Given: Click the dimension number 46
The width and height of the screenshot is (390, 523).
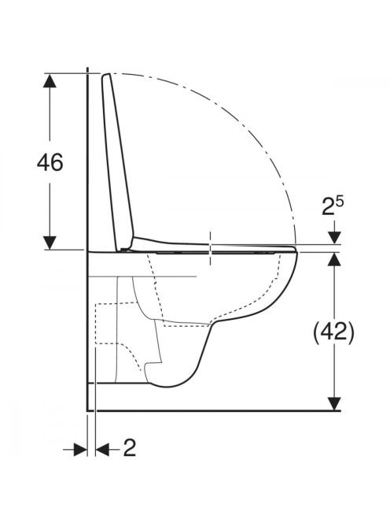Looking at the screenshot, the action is (x=50, y=163).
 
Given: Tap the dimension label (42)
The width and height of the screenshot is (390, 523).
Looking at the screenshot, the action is (x=333, y=332).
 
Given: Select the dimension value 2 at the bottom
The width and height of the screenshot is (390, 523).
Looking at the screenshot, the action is (x=130, y=448).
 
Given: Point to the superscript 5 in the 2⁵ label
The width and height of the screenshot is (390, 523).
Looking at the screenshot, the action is (x=340, y=202).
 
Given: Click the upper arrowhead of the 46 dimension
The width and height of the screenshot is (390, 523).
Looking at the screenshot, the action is (x=50, y=80).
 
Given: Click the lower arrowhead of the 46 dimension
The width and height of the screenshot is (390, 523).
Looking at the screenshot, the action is (x=50, y=243).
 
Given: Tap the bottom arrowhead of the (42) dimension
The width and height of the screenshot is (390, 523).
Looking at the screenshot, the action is (x=334, y=403).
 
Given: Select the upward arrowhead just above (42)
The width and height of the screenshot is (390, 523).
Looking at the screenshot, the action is (x=334, y=259).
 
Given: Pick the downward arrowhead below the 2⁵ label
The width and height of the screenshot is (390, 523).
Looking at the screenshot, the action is (x=334, y=238).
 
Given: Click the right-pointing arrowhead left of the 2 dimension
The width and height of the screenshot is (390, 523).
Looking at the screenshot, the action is (x=80, y=450).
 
